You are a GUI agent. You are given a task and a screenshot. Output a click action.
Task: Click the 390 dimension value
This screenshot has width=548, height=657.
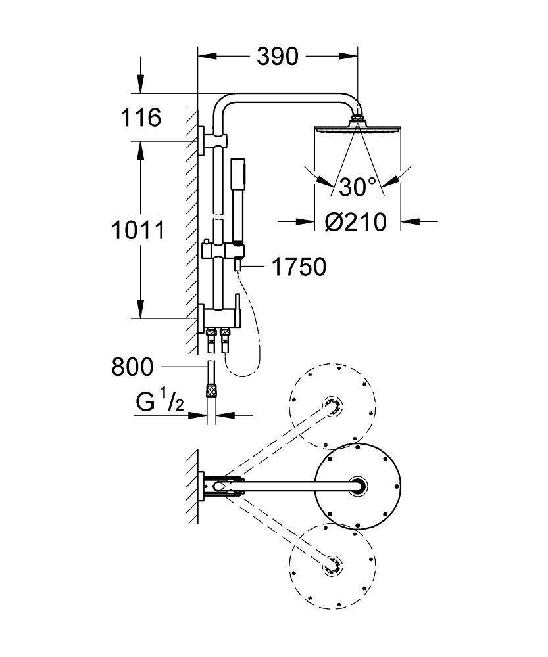(x=277, y=57)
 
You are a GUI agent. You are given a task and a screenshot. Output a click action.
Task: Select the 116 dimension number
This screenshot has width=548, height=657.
(x=139, y=118)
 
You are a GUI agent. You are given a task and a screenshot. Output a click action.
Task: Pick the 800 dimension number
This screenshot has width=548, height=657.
(x=132, y=366)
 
